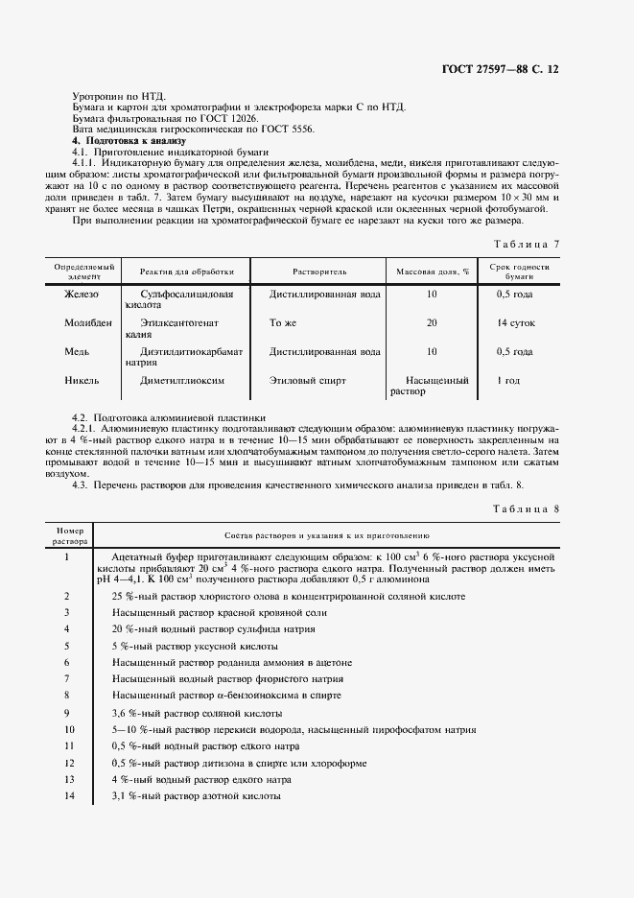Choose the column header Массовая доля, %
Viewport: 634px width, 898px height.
pyautogui.click(x=430, y=272)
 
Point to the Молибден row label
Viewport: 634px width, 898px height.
pyautogui.click(x=87, y=323)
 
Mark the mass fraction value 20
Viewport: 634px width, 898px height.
pyautogui.click(x=432, y=323)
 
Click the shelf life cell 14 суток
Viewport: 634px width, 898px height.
pyautogui.click(x=516, y=323)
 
